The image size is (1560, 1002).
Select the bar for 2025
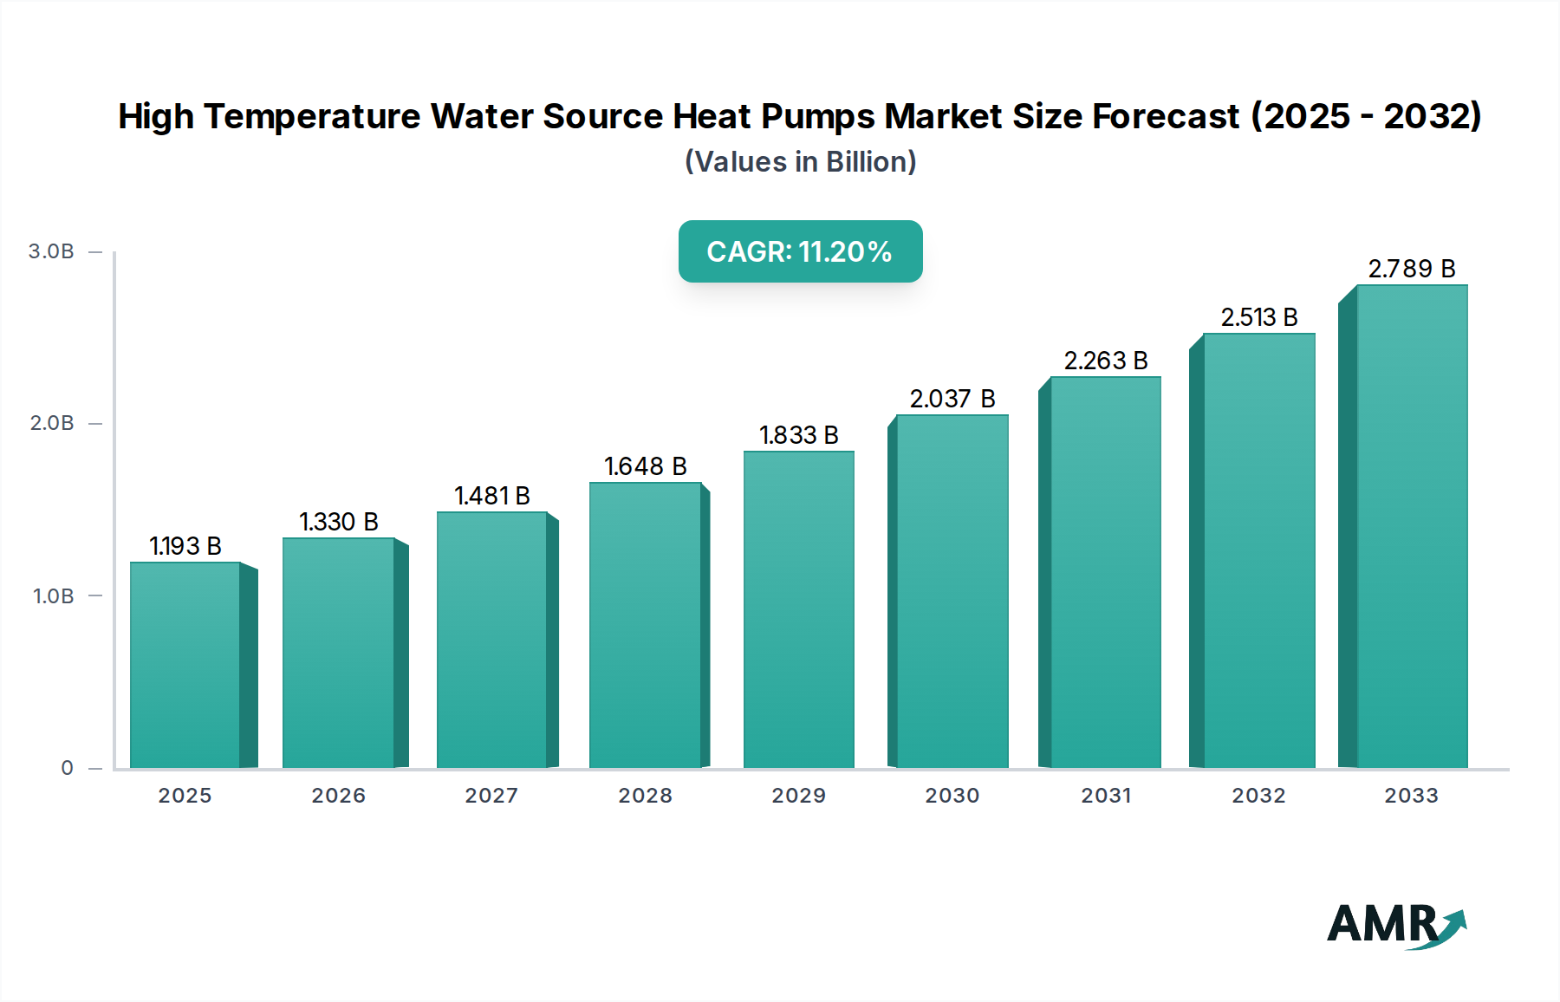[x=185, y=665]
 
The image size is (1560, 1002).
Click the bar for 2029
[x=798, y=609]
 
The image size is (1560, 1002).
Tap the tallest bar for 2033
[x=1411, y=526]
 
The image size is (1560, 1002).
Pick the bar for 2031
[x=1105, y=572]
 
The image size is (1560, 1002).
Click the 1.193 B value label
[x=185, y=546]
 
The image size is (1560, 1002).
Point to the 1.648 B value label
[x=646, y=466]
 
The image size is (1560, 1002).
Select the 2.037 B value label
[x=952, y=399]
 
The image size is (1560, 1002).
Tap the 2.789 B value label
[x=1411, y=269]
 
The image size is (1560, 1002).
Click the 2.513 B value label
[x=1258, y=317]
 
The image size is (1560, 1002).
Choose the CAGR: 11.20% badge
[x=800, y=251]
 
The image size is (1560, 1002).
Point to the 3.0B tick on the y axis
[x=51, y=251]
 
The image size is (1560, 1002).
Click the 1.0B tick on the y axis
[x=53, y=596]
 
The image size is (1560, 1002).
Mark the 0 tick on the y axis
[x=67, y=768]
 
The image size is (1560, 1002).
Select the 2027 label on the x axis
[x=491, y=796]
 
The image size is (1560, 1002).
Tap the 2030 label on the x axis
[x=952, y=796]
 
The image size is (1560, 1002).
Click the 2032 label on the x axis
[x=1258, y=796]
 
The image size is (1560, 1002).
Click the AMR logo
[x=1395, y=925]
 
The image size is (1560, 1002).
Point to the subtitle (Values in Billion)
[x=800, y=162]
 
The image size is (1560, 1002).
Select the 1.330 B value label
[x=339, y=522]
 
